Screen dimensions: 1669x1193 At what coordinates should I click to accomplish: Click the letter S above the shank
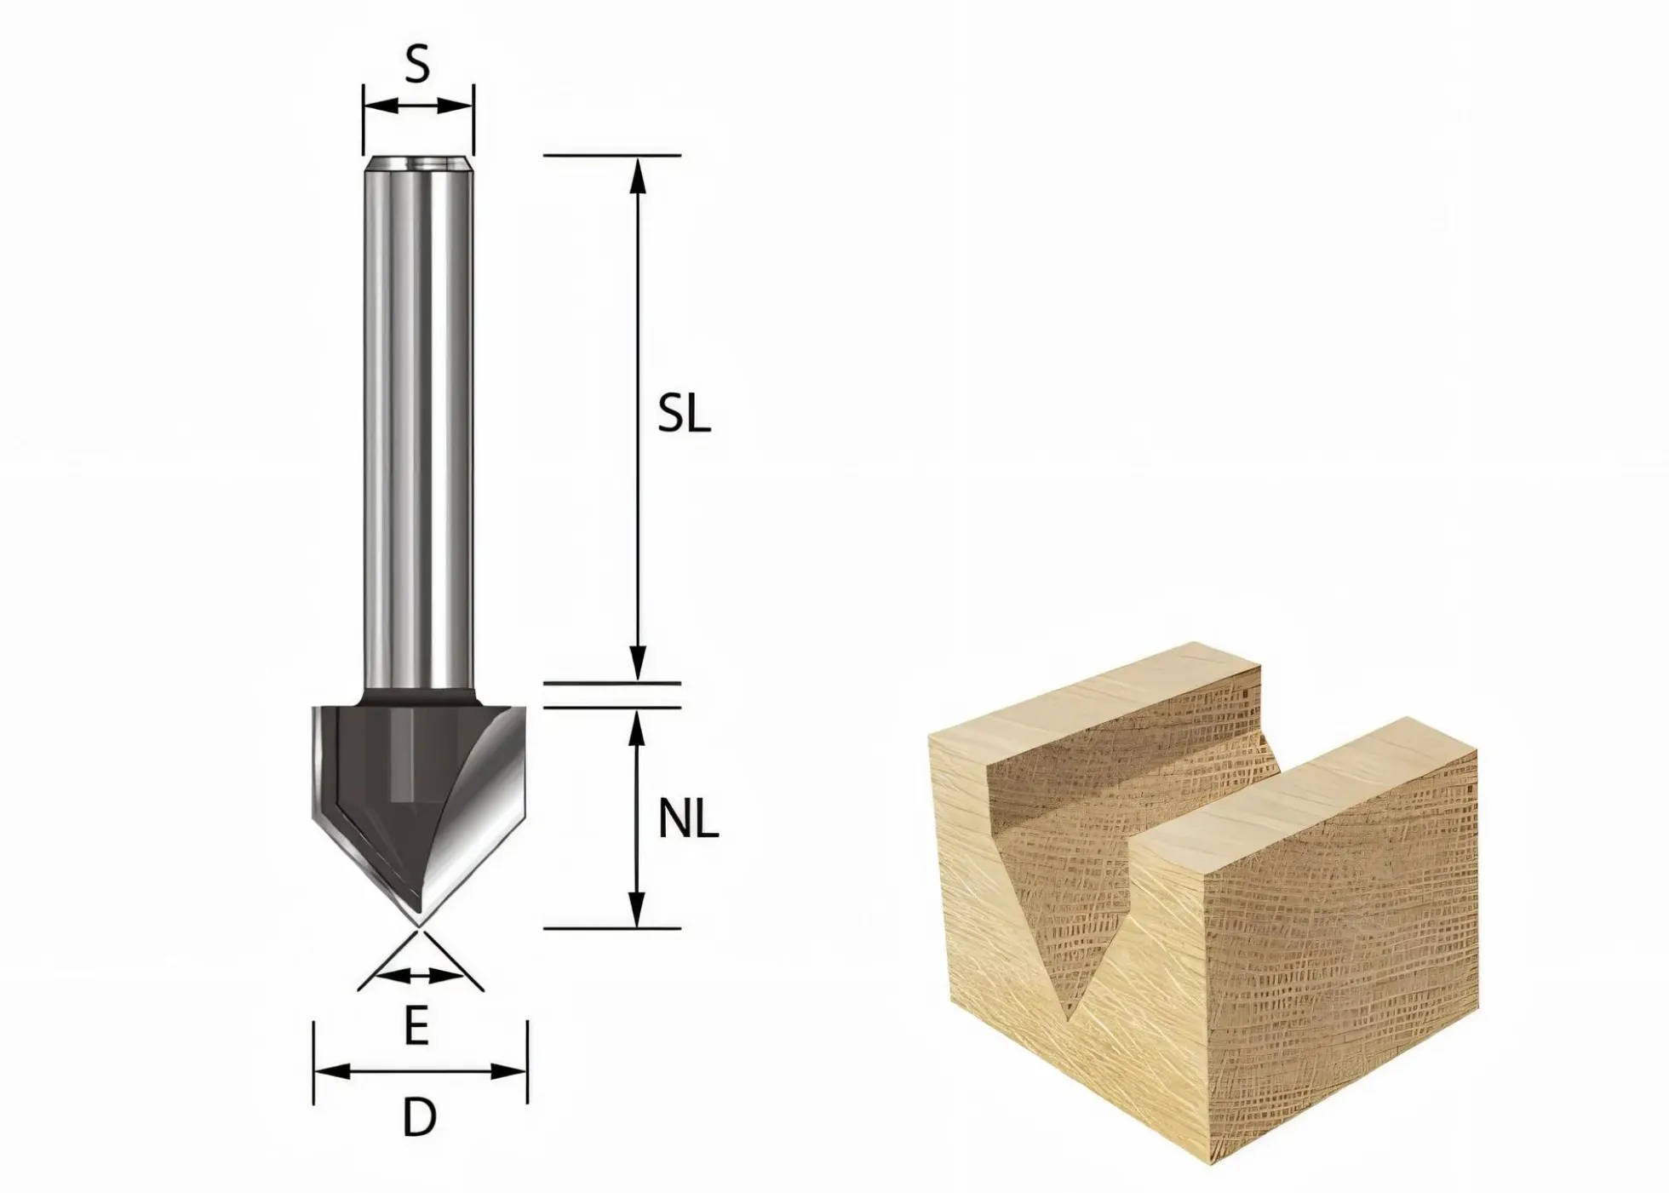click(x=416, y=65)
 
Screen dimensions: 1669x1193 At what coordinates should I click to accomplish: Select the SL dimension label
click(x=684, y=416)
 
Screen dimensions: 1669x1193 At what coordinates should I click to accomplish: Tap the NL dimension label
click(x=689, y=821)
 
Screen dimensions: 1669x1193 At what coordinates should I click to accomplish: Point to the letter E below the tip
click(x=416, y=1027)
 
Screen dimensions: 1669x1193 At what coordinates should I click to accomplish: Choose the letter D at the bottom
click(x=419, y=1117)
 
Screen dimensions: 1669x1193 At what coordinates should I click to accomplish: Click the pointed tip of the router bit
click(x=418, y=926)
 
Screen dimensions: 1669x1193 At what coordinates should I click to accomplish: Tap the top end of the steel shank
click(x=417, y=160)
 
